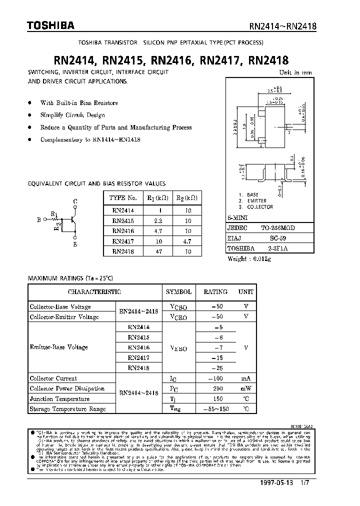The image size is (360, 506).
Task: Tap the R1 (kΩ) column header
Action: click(157, 197)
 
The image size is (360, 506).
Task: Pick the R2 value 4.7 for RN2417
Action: click(187, 241)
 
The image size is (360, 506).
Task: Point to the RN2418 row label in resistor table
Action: click(123, 252)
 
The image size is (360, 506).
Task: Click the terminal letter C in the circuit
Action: click(75, 202)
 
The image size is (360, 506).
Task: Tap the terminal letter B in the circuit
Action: click(38, 219)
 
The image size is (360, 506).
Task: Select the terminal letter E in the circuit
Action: click(75, 244)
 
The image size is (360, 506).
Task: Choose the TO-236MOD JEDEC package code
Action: click(277, 228)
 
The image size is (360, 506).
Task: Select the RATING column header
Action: click(215, 291)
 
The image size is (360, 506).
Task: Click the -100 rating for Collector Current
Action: click(214, 378)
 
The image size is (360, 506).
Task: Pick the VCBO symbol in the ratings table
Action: click(178, 306)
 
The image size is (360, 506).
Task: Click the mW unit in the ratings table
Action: click(245, 388)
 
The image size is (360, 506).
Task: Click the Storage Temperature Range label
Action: click(67, 409)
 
